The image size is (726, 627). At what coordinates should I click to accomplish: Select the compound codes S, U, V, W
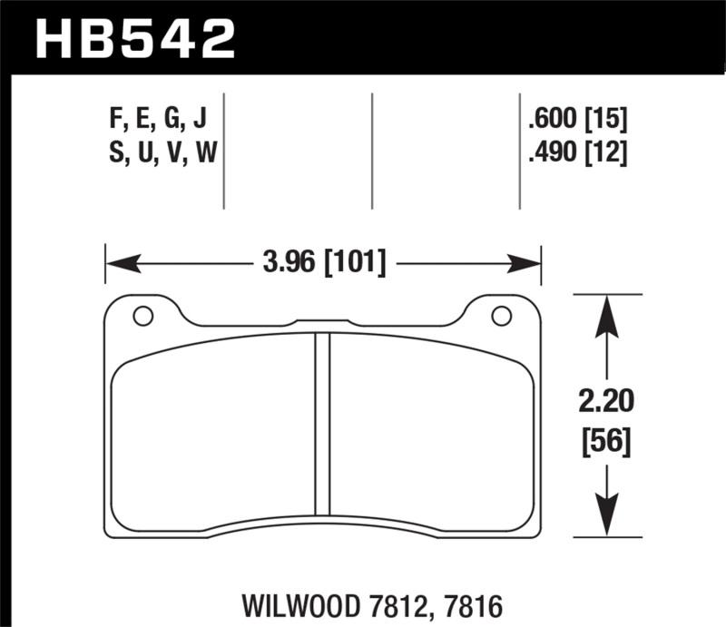162,154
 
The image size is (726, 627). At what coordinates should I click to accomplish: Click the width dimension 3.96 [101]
323,264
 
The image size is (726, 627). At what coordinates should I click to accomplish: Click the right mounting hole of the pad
500,316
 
